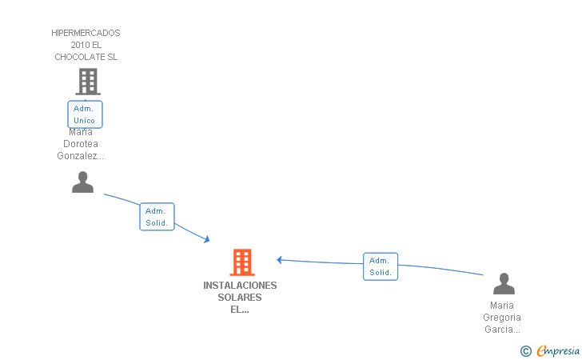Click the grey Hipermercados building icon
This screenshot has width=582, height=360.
pyautogui.click(x=88, y=82)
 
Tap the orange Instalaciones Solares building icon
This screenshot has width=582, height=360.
pyautogui.click(x=242, y=262)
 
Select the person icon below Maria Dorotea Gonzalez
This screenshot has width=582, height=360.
pyautogui.click(x=82, y=182)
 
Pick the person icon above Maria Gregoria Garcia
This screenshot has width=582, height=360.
pyautogui.click(x=504, y=283)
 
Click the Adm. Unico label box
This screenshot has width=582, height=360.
pyautogui.click(x=85, y=114)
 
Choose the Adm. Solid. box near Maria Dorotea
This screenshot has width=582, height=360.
pyautogui.click(x=157, y=217)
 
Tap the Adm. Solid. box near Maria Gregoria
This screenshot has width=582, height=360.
pyautogui.click(x=381, y=266)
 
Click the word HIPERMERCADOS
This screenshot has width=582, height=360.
pyautogui.click(x=86, y=33)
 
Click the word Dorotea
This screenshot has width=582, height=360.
pyautogui.click(x=81, y=144)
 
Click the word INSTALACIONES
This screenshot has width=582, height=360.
pyautogui.click(x=240, y=286)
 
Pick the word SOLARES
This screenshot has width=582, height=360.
pyautogui.click(x=240, y=298)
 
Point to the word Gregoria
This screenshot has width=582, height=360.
pyautogui.click(x=502, y=318)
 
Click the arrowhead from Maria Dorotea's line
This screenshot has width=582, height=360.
pyautogui.click(x=207, y=240)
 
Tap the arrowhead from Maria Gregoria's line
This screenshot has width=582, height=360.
pyautogui.click(x=280, y=260)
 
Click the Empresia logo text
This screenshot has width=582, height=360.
pyautogui.click(x=558, y=351)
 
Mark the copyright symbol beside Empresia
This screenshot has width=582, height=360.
pyautogui.click(x=526, y=351)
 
